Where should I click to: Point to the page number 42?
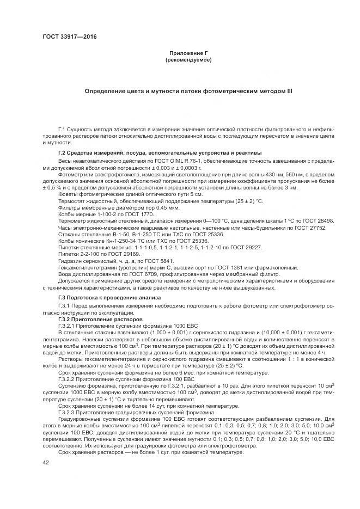coord(46,462)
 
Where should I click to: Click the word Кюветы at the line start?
coord(69,194)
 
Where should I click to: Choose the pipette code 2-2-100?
coord(94,254)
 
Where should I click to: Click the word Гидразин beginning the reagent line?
coord(71,260)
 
